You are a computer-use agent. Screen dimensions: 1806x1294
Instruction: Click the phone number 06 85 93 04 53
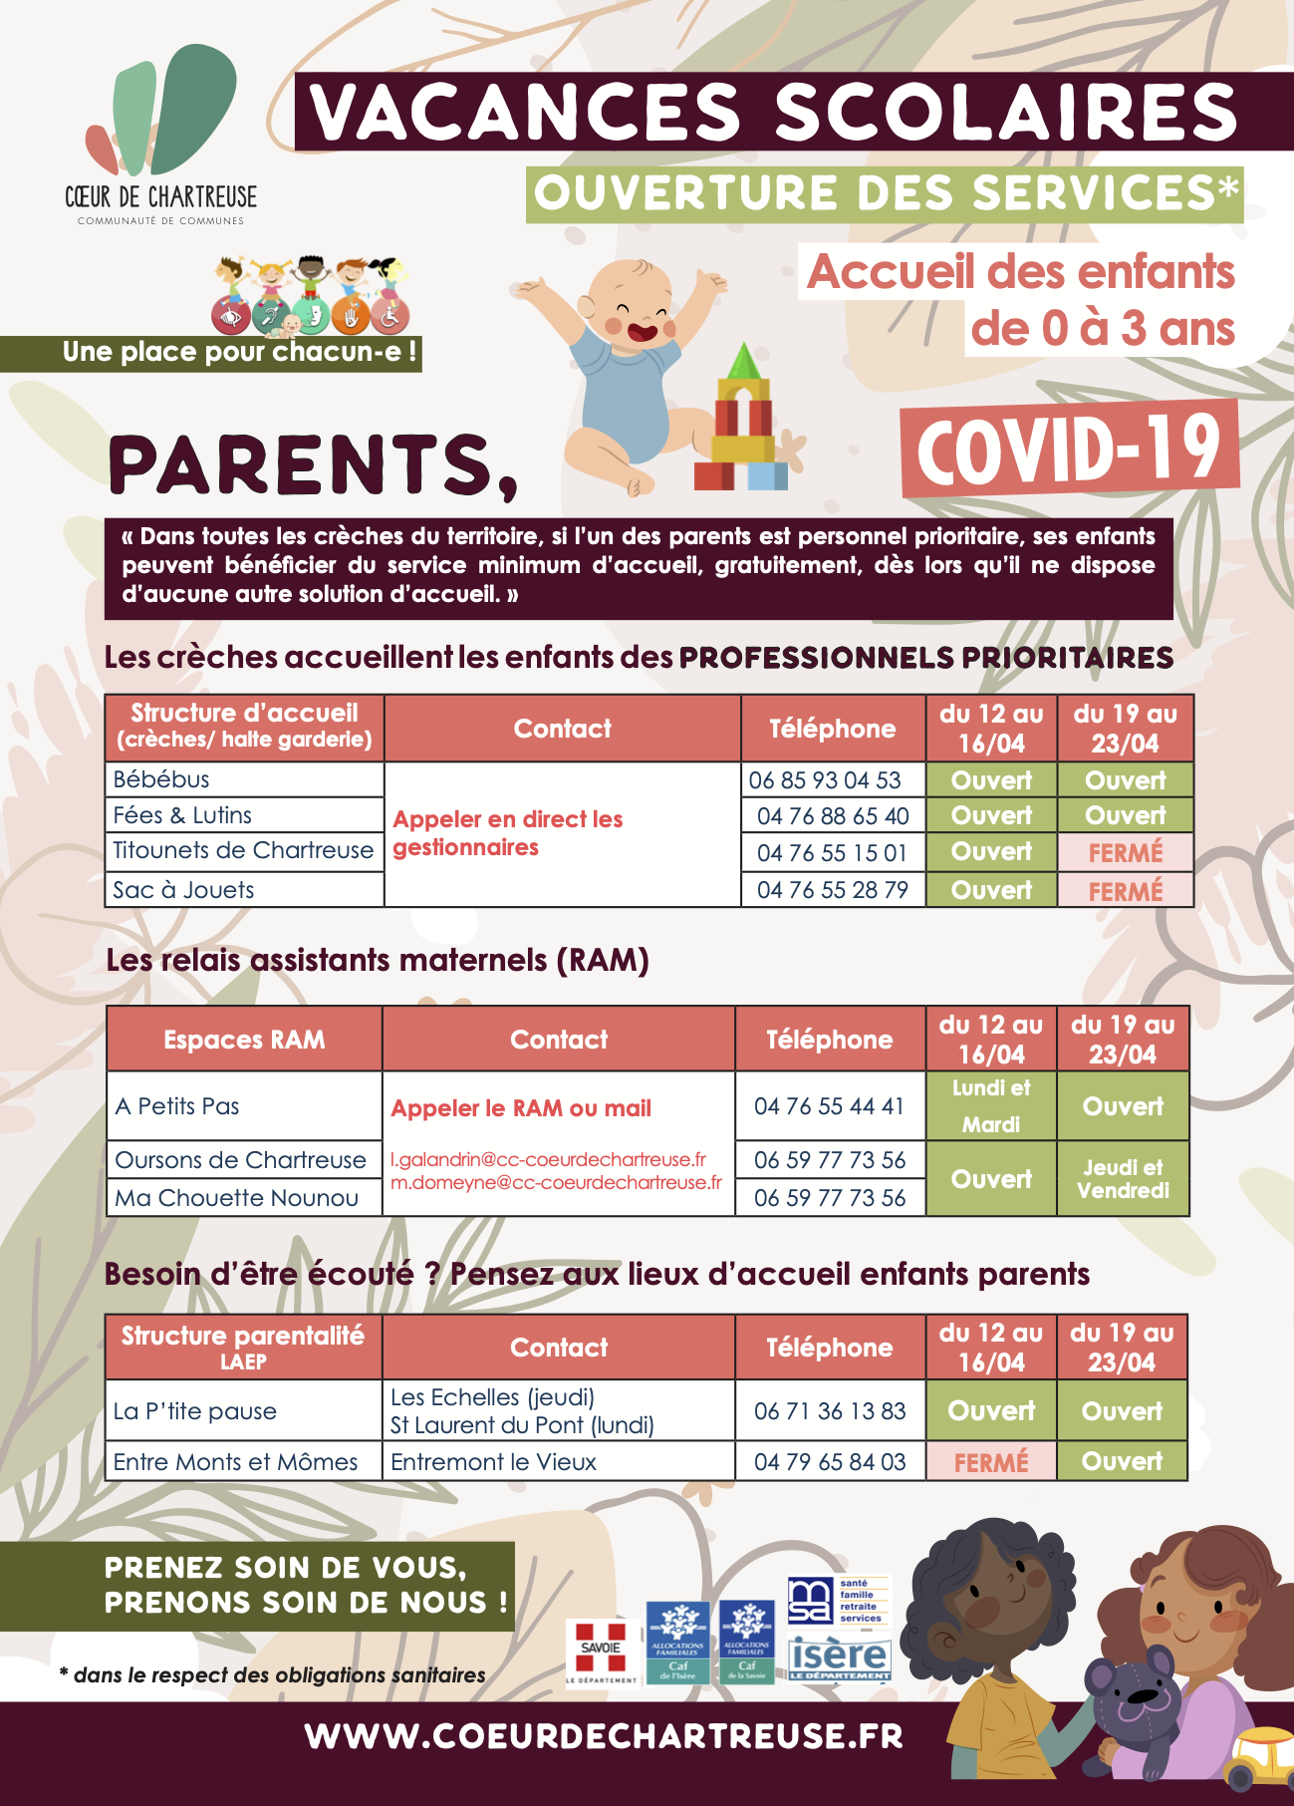tap(825, 780)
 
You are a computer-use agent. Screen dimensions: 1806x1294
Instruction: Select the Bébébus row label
tap(161, 779)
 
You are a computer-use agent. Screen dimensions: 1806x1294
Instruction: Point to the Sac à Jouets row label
tap(183, 890)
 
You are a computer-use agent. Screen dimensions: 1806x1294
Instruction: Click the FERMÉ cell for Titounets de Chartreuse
tap(1125, 853)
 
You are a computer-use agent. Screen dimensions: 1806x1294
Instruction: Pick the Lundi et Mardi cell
tap(991, 1105)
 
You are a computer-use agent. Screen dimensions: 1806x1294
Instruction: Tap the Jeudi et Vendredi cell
tap(1123, 1178)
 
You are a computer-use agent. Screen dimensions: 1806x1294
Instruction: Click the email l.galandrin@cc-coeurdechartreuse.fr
tap(548, 1160)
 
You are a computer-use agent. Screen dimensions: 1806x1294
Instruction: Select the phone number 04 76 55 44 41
tap(829, 1106)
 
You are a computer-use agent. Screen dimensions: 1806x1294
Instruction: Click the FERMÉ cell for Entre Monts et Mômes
tap(990, 1462)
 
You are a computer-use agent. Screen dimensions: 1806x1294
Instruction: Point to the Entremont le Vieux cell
tap(493, 1462)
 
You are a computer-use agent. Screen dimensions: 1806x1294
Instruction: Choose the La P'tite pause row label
tap(195, 1411)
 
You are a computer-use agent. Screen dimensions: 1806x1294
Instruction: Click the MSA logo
tap(810, 1601)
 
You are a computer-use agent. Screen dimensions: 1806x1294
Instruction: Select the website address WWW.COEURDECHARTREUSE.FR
tap(604, 1736)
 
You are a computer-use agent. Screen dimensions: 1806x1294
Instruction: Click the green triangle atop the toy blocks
tap(743, 361)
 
